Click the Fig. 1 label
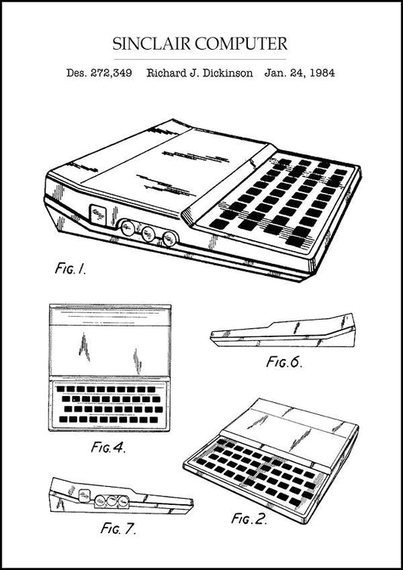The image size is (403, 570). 70,268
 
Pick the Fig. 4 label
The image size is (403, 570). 107,447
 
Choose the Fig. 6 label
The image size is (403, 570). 284,361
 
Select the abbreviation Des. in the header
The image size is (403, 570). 78,74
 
